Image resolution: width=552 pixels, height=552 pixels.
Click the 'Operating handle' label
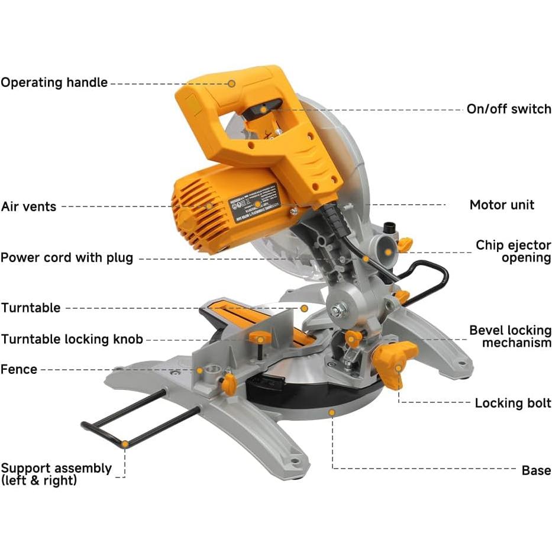[54, 83]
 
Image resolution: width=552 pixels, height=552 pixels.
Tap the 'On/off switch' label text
[508, 109]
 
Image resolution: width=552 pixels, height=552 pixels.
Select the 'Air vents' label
[28, 206]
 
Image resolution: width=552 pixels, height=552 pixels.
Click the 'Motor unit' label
[502, 205]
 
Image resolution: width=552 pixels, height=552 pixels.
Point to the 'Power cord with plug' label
[67, 258]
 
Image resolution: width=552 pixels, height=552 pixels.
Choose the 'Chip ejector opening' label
[513, 251]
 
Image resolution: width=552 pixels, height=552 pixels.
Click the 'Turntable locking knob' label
[72, 339]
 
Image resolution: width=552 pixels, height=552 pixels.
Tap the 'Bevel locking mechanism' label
[510, 336]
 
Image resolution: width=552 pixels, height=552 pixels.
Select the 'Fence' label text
[19, 369]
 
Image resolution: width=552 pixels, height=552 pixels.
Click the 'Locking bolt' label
[512, 403]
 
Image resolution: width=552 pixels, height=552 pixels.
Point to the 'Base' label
[536, 470]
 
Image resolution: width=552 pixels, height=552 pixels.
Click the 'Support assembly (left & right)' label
[56, 474]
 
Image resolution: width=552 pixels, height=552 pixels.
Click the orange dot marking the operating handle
[232, 83]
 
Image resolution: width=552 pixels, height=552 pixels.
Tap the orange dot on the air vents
[209, 206]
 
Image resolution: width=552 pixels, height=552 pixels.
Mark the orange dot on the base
[332, 412]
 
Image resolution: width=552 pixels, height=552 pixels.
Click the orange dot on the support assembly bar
[125, 443]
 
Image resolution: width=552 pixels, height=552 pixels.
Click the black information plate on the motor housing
[260, 201]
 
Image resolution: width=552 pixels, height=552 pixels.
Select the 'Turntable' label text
[31, 308]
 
